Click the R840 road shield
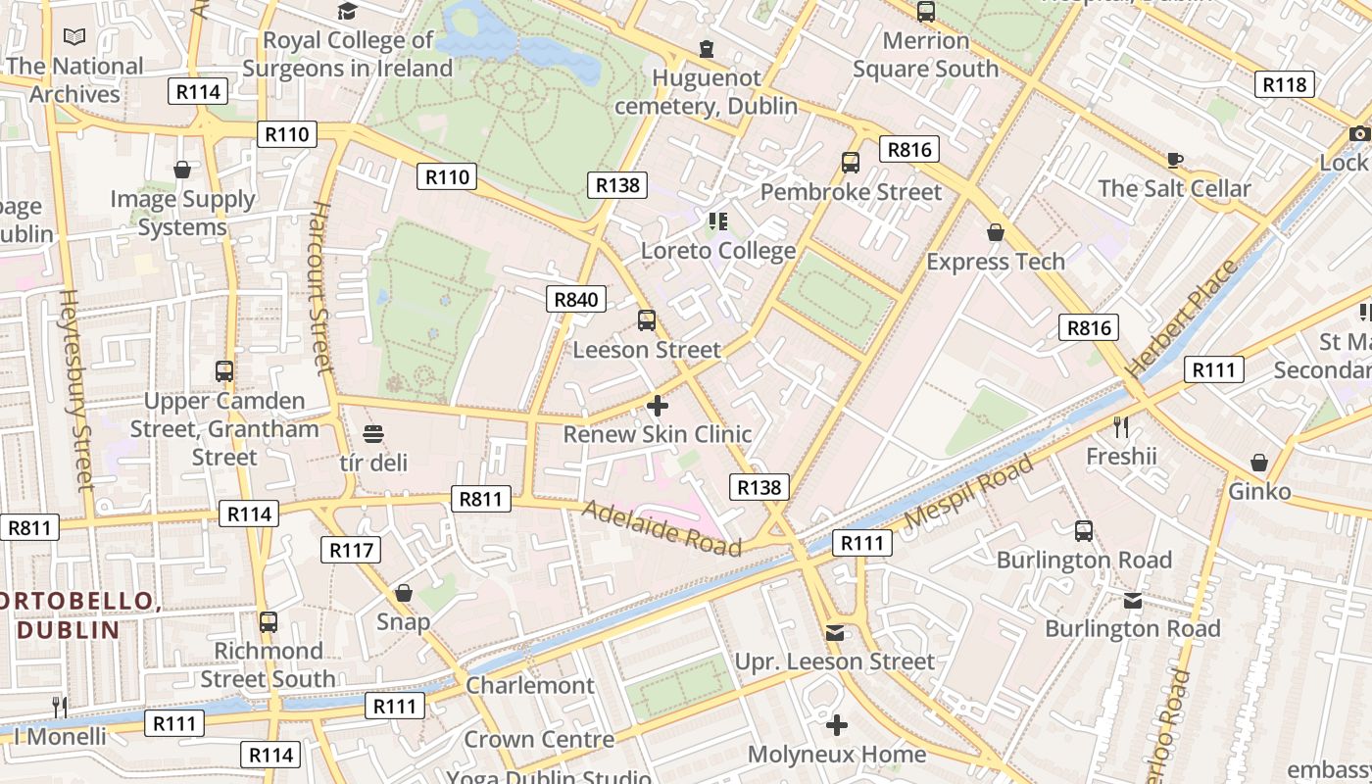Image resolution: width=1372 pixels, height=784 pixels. (576, 300)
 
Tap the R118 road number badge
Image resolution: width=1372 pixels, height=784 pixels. (1284, 84)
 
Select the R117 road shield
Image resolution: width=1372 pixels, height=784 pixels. (351, 550)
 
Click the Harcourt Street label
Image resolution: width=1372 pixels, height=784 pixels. (321, 286)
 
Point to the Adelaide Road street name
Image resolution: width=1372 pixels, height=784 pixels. (661, 527)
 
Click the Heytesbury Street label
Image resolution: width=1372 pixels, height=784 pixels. (76, 389)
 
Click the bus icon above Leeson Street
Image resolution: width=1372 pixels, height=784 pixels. (647, 319)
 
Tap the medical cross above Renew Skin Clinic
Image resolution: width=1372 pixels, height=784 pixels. (658, 405)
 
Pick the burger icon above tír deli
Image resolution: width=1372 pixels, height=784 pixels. (372, 433)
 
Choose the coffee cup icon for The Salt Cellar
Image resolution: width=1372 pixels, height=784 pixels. (1174, 160)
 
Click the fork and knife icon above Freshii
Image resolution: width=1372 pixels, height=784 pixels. (1121, 426)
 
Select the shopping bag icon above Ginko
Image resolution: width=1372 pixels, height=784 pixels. (1259, 462)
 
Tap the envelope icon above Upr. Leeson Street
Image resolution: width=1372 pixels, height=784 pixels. (835, 633)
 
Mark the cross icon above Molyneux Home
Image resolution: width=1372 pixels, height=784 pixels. (836, 725)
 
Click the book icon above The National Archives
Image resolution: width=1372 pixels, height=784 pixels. (74, 37)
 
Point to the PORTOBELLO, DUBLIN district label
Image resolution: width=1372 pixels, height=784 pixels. (76, 614)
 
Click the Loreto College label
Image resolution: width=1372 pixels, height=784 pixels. (718, 251)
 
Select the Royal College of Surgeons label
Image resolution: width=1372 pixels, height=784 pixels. (348, 54)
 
